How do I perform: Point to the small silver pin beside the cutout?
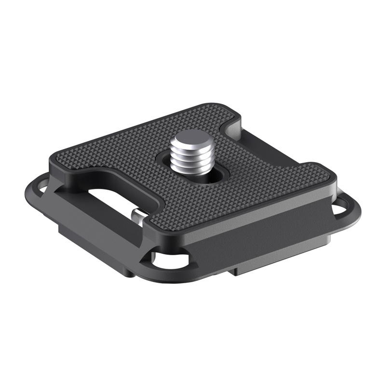[x=138, y=215]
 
